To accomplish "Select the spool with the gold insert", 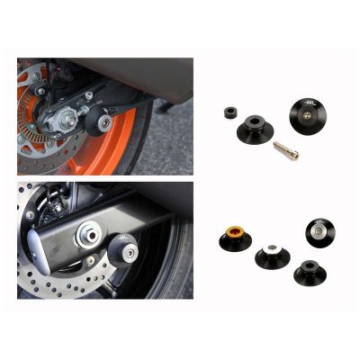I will click(232, 240).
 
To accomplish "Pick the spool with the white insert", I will click(274, 257).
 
